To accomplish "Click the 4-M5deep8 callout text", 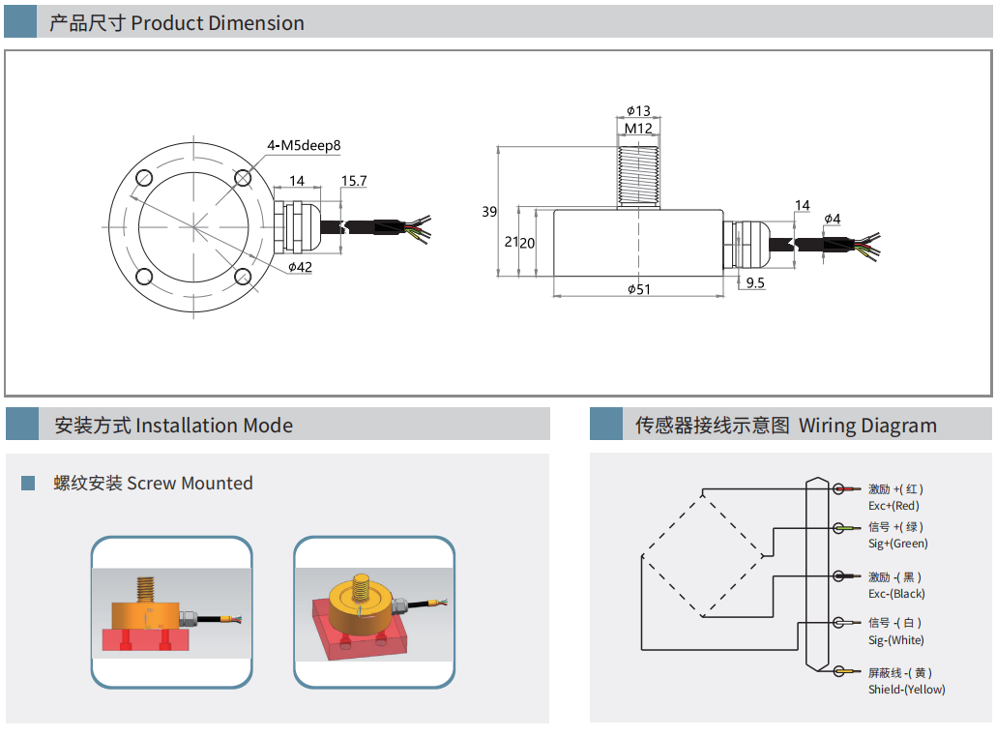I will pos(304,146).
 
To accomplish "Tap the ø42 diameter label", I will pos(300,267).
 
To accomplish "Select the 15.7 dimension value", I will pos(354,181).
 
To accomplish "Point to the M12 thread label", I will pos(638,128).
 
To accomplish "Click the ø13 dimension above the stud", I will pos(638,111).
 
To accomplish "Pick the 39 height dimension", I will pos(489,212).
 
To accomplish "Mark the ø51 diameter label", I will pos(638,288).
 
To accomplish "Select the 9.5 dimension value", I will pos(755,283).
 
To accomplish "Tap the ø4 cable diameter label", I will pos(833,220).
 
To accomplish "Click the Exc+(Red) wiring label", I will pos(893,506).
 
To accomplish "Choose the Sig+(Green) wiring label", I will pos(897,544).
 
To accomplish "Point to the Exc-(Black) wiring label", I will pos(895,594).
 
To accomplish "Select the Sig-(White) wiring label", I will pos(895,640).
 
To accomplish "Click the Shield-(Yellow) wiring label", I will pos(906,690).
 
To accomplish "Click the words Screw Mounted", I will pos(190,484).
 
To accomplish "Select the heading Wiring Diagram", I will pos(867,426).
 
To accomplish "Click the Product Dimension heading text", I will pos(218,23).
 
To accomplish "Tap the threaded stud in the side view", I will pos(638,174).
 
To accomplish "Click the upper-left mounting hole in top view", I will pos(146,179).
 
